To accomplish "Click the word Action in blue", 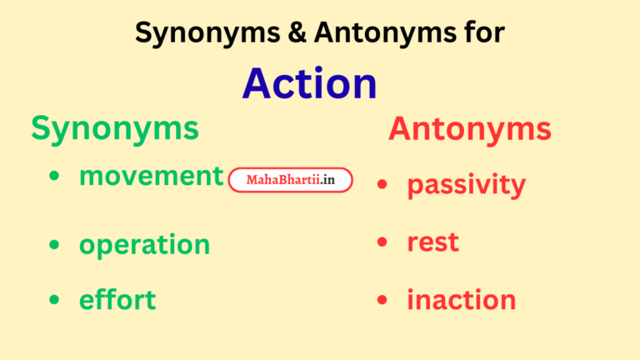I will (x=309, y=83).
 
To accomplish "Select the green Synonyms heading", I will (x=115, y=128).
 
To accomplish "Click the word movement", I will (x=152, y=176).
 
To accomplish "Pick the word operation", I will (x=144, y=244).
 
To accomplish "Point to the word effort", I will (x=117, y=299).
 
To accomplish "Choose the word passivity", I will (x=466, y=185).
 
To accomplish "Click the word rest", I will (x=432, y=242).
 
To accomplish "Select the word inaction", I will (x=461, y=299).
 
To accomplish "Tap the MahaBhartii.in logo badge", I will (x=290, y=180).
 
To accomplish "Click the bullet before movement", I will (x=55, y=177).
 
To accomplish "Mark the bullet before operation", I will (x=55, y=244).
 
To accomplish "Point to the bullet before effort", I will (x=55, y=299).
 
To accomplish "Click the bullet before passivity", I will (x=382, y=184).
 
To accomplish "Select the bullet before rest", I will (x=382, y=242).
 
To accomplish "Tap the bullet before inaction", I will (x=382, y=299).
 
